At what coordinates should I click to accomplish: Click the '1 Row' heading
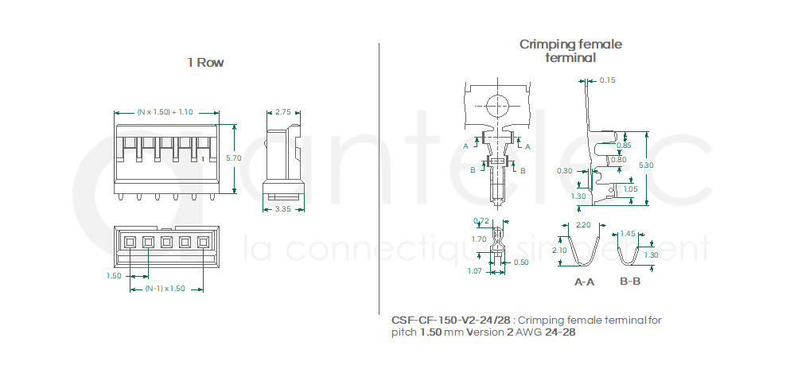point(205,62)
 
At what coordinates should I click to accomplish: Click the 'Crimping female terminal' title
point(570,50)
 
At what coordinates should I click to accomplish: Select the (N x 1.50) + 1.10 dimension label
point(165,112)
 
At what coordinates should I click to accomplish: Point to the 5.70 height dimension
point(234,158)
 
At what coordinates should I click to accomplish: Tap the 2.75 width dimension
point(283,112)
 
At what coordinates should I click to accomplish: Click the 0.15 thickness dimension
point(608,80)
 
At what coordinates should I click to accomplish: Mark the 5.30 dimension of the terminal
point(647,165)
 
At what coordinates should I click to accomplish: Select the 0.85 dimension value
point(624,146)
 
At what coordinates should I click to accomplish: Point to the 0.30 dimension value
point(565,171)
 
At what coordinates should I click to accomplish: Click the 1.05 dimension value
point(630,189)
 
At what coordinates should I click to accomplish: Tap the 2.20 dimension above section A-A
point(583,225)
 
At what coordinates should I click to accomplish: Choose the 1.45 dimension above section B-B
point(628,234)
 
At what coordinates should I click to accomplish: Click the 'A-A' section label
point(584,282)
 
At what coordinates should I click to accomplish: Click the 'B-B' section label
point(630,282)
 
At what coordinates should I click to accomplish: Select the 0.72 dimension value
point(481,220)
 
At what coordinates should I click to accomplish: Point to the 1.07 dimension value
point(476,272)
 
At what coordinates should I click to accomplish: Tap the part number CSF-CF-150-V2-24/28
point(451,320)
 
